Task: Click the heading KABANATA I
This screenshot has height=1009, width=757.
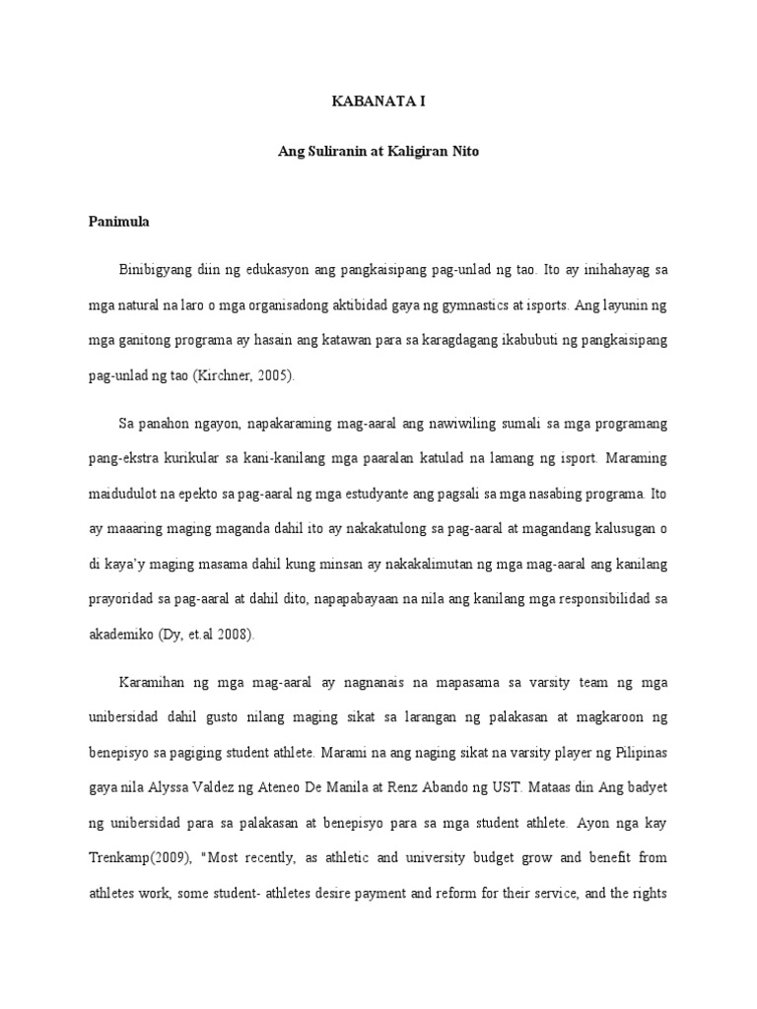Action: (379, 101)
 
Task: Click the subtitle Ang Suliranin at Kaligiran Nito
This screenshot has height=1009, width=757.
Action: (379, 154)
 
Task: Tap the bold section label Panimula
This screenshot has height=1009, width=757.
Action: (118, 223)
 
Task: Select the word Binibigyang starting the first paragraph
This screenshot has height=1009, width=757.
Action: (154, 269)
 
